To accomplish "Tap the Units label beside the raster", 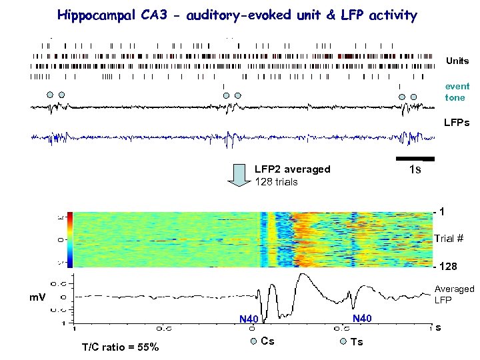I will pos(457,61).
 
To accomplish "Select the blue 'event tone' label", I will pos(457,92).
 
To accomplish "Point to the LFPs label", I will pos(457,123).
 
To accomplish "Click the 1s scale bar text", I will pos(414,169).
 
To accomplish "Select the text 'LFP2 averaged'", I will pos(292,169).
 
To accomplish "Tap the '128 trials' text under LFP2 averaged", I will pos(276,181).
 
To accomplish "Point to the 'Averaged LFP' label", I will pos(453,294).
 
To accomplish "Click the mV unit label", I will pos(37,297).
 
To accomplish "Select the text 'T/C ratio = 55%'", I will pos(120,347).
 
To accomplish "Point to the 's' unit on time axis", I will pos(437,327).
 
